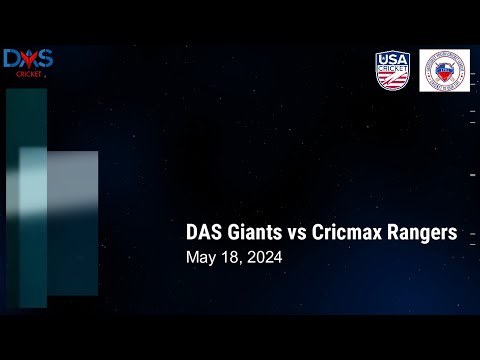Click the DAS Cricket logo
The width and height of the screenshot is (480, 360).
[x=27, y=62]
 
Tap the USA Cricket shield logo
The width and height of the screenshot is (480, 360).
[x=393, y=71]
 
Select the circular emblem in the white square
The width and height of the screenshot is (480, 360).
[x=444, y=71]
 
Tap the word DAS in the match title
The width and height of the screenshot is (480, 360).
[x=204, y=233]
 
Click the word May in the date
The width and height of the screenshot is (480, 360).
[x=201, y=258]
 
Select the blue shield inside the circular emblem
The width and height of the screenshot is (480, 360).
[x=444, y=72]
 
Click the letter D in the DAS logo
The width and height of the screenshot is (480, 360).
[x=12, y=59]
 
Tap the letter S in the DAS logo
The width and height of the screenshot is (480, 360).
[x=44, y=59]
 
